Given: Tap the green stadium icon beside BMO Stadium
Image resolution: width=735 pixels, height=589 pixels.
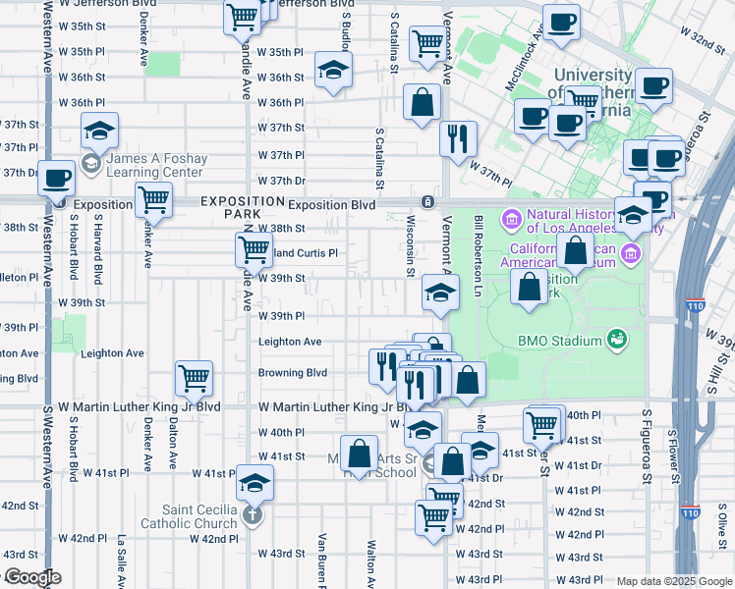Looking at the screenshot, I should click(617, 341).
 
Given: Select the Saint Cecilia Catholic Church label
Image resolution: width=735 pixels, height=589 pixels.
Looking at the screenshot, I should click(201, 516).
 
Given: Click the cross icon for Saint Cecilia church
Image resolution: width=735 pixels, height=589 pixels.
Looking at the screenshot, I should click(253, 514).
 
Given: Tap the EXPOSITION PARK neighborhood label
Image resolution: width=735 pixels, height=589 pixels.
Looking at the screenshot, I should click(230, 206).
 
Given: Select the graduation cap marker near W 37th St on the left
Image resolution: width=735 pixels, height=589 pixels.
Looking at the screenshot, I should click(98, 132).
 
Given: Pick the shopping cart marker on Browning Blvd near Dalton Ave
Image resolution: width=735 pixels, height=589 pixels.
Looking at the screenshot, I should click(194, 377).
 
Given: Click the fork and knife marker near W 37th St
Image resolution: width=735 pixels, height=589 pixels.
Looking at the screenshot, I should click(457, 138).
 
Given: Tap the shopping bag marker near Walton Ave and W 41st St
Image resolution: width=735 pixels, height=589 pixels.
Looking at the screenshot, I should click(361, 453).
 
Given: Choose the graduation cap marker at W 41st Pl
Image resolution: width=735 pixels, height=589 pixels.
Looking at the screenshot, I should click(254, 482).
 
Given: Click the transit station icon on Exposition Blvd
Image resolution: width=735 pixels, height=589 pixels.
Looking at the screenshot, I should click(427, 202).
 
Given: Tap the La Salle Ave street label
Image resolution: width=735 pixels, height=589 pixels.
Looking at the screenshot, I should click(122, 561).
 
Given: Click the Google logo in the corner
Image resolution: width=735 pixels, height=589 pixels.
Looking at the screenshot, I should click(31, 578).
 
